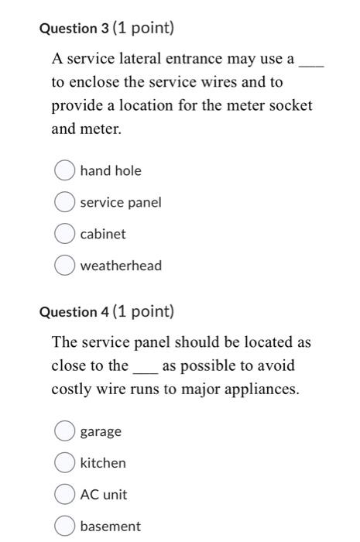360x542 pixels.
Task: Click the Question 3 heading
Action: click(106, 29)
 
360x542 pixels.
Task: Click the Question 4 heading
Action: click(106, 312)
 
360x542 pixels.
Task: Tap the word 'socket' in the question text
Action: click(290, 105)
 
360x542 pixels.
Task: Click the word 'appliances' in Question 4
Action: click(260, 389)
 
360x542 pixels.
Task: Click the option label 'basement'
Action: click(110, 527)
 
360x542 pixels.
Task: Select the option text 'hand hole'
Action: click(111, 170)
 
